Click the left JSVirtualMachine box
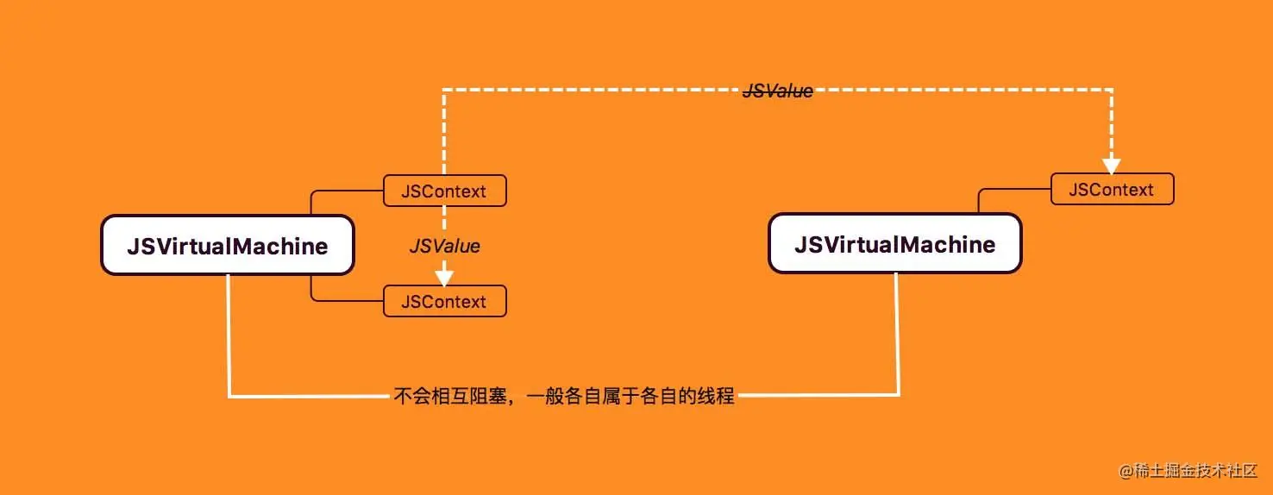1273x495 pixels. click(x=228, y=246)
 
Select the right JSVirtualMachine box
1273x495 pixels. click(x=894, y=244)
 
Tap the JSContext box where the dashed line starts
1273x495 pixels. click(x=444, y=191)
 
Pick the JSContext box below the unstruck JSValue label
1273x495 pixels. click(x=444, y=301)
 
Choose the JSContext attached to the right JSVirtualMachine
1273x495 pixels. click(x=1112, y=189)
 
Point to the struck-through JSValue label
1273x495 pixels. click(x=778, y=91)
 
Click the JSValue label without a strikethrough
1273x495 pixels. click(x=444, y=246)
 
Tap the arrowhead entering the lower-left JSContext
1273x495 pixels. click(x=444, y=278)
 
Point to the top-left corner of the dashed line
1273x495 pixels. click(x=444, y=89)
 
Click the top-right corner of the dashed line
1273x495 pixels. click(x=1112, y=89)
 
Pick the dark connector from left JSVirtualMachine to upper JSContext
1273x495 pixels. click(x=312, y=198)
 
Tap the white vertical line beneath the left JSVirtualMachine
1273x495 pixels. click(x=229, y=336)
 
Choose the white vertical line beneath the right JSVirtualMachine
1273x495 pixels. click(x=898, y=336)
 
